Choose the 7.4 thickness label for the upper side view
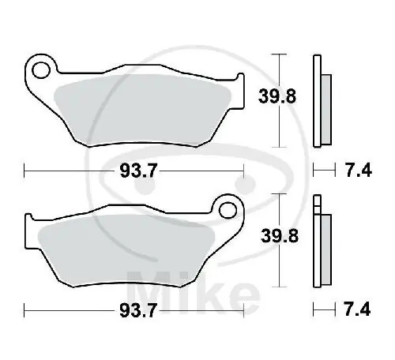tap(356, 170)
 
